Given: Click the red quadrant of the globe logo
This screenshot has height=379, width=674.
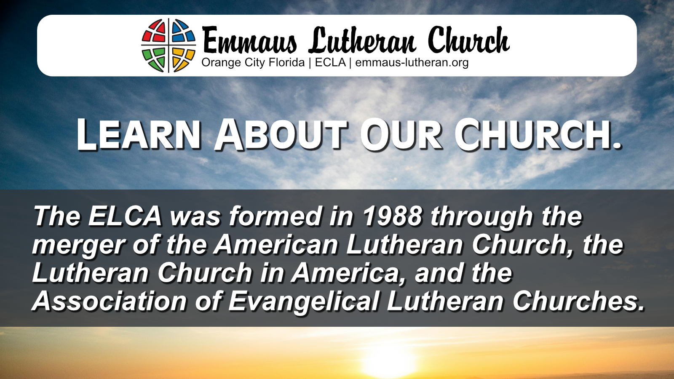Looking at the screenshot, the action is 155,32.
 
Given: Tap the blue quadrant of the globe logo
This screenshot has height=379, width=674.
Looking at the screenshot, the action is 182,31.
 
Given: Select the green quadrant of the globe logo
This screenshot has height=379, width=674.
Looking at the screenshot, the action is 155,59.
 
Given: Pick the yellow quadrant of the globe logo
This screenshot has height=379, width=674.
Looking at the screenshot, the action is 182,59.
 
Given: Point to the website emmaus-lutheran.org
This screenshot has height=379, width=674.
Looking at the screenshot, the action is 412,63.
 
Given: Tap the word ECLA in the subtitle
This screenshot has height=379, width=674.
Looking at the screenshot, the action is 330,62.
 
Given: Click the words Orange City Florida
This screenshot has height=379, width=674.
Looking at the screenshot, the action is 253,63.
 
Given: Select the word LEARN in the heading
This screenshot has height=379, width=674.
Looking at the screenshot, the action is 139,134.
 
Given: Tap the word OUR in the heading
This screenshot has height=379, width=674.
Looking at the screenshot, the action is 401,134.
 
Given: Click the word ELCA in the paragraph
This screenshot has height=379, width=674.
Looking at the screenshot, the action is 125,216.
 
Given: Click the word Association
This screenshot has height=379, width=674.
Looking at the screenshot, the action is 110,301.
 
